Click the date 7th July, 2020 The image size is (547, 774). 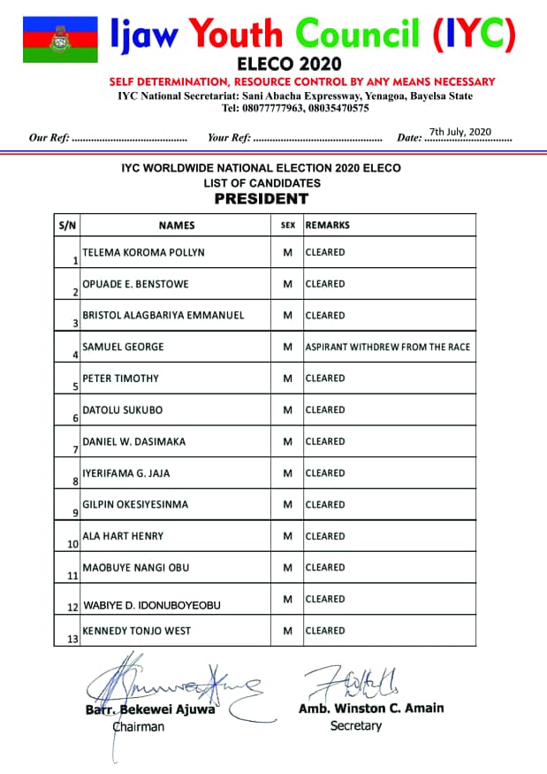(x=460, y=132)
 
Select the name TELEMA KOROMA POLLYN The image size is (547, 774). (x=143, y=252)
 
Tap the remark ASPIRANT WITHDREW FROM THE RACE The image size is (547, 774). (x=388, y=347)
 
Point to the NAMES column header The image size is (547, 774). (x=177, y=226)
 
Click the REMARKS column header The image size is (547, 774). (x=328, y=226)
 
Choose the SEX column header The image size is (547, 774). (x=287, y=226)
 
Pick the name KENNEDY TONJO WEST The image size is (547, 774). (x=136, y=631)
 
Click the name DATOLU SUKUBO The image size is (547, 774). (x=122, y=410)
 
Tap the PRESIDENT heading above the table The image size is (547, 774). (x=261, y=199)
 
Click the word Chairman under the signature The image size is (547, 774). (x=138, y=726)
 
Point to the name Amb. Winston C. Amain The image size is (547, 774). (x=371, y=708)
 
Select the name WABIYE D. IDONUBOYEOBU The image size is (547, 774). (x=151, y=605)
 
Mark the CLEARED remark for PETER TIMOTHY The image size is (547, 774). (x=325, y=378)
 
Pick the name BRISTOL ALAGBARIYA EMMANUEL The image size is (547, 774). (x=163, y=315)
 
